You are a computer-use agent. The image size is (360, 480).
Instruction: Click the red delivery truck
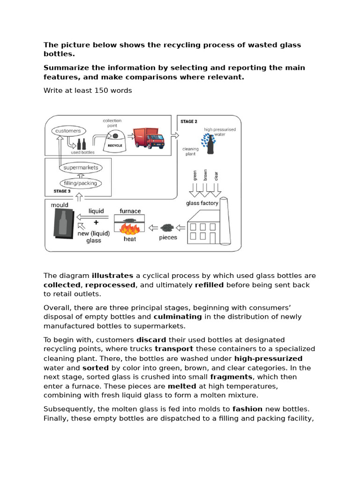click(149, 139)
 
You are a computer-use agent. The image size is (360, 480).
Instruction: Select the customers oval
click(68, 131)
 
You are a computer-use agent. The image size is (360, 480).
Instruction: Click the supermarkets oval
click(80, 167)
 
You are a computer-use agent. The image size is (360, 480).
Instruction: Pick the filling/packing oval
click(80, 183)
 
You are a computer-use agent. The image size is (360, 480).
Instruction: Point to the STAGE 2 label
click(188, 121)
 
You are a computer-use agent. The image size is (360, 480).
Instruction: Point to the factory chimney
click(225, 220)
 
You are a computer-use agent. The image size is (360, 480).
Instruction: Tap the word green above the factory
click(195, 176)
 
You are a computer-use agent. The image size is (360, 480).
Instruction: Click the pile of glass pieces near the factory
click(167, 228)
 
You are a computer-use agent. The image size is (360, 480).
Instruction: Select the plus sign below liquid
click(96, 223)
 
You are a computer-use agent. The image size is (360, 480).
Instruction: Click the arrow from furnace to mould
click(94, 217)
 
